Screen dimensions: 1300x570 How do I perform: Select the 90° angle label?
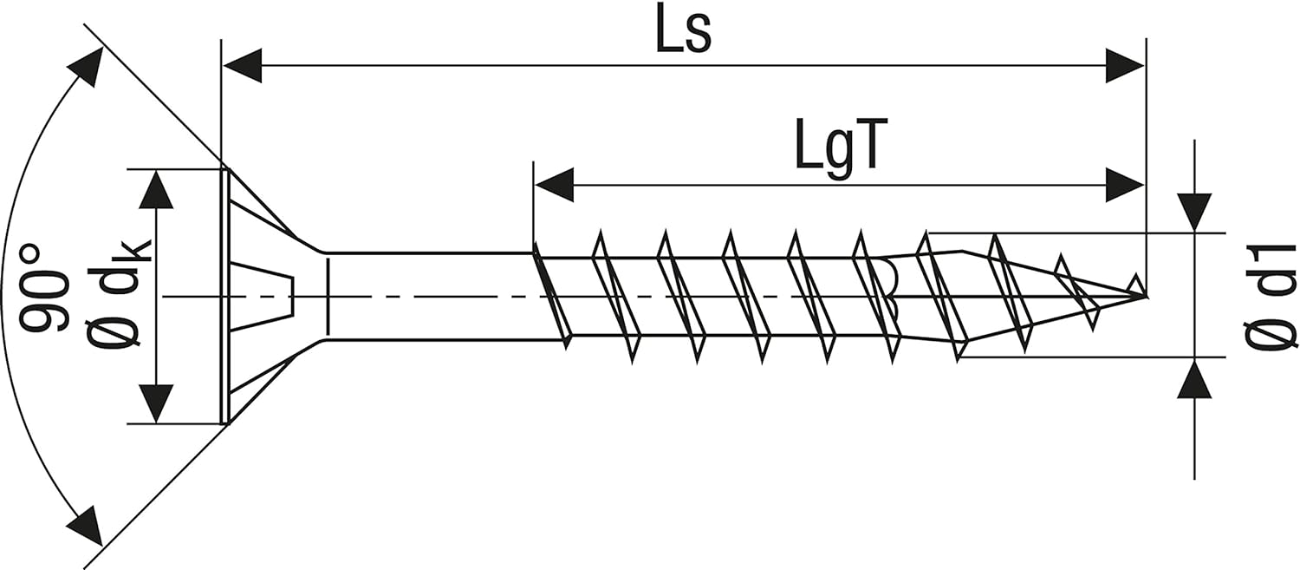tap(43, 290)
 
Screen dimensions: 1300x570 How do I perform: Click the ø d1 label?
tap(1271, 297)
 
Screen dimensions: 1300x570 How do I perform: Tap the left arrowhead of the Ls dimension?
tap(243, 66)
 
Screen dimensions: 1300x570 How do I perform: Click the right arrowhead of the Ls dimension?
tap(1125, 66)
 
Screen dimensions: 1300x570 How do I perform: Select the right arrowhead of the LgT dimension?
tap(1125, 185)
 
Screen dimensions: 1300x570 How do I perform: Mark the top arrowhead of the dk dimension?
tap(156, 189)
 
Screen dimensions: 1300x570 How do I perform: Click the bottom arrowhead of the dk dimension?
tap(156, 403)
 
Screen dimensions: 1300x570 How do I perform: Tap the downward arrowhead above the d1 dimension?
tap(1194, 213)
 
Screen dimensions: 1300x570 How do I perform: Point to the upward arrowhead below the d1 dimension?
tap(1194, 378)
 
